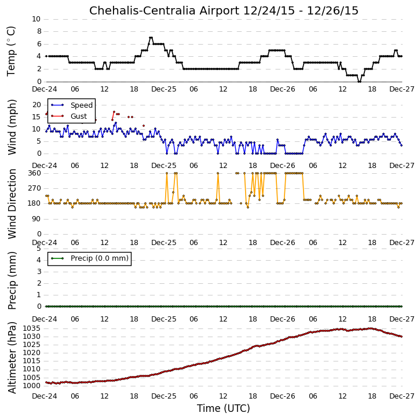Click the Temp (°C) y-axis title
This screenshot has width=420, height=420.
[11, 51]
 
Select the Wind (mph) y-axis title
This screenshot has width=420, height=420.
[12, 127]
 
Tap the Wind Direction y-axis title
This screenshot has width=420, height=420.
[12, 204]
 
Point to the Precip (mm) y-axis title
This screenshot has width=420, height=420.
[12, 280]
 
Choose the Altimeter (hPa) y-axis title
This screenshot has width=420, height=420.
[12, 357]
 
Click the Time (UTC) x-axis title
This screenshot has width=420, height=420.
[224, 408]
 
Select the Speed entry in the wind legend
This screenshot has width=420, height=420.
[72, 105]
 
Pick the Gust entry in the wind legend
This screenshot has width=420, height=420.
[69, 116]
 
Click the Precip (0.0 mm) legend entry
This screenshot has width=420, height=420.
[90, 258]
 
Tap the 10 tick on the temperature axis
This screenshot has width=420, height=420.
[36, 19]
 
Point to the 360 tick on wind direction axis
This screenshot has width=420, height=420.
[35, 173]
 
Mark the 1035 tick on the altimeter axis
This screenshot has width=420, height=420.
[32, 328]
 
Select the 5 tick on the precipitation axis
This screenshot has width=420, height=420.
[39, 249]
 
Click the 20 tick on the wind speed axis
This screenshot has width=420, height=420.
[36, 105]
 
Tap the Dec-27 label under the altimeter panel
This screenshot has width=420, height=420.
[401, 396]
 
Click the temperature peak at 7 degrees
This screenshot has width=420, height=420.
[151, 38]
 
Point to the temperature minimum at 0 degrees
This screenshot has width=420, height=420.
[359, 82]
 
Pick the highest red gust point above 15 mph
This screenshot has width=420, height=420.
[114, 112]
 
